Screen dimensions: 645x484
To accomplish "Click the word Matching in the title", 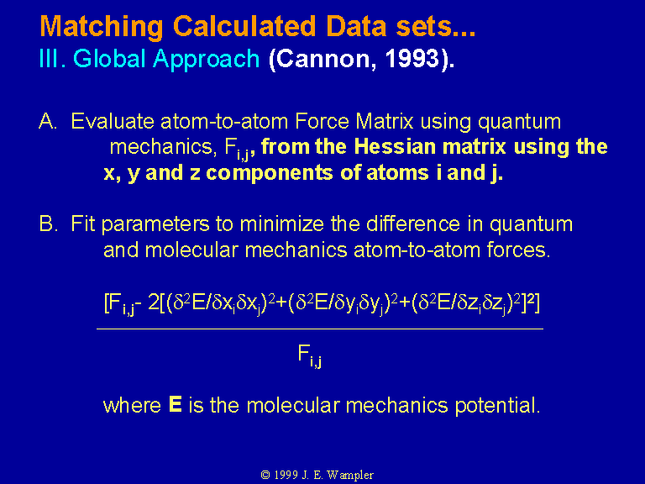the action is click(x=102, y=28).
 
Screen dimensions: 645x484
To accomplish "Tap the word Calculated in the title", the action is click(x=244, y=26).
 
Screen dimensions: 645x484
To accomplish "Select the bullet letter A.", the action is click(x=48, y=121).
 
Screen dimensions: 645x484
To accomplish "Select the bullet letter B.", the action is click(x=48, y=224).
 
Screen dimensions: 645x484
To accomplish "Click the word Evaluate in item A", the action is click(x=113, y=121).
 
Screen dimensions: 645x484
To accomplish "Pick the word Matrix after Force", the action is click(x=384, y=121).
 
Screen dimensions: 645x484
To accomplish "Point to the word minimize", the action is click(x=282, y=224).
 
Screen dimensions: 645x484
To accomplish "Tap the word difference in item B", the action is click(x=413, y=224).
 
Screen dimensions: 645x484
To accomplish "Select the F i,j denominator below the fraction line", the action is click(x=309, y=356).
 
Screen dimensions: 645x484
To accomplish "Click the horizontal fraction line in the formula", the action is click(x=320, y=329).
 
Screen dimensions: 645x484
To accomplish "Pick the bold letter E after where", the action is click(x=176, y=404).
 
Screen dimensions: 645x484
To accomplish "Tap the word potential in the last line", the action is click(x=497, y=406).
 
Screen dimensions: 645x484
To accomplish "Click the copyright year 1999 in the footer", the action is click(x=286, y=475).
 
